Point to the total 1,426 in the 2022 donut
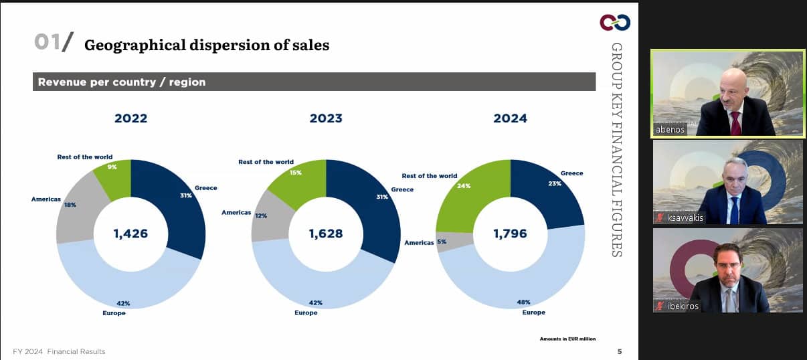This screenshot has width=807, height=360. (130, 234)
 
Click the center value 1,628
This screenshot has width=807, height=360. (326, 234)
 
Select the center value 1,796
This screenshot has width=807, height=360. (510, 234)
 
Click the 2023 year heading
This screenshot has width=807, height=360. (326, 118)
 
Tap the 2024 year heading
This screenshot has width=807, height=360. (510, 118)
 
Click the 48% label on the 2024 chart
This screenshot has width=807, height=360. (523, 302)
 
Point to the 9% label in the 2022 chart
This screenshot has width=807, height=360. (112, 167)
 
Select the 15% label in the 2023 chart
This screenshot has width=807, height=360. (295, 173)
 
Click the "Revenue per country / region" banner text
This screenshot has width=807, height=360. (122, 82)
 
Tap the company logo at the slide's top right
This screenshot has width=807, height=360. (614, 23)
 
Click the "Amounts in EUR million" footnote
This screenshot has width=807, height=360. (567, 339)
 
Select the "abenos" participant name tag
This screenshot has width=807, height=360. (669, 130)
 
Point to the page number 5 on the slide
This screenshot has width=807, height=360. (619, 351)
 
